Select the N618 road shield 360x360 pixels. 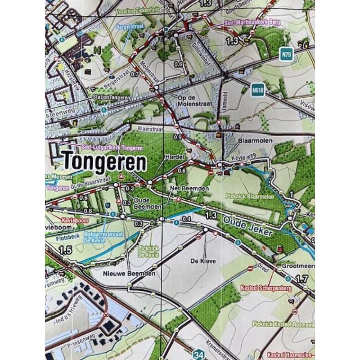click(257, 90)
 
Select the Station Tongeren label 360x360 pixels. click(111, 97)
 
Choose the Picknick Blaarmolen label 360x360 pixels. click(248, 196)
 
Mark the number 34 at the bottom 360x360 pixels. click(199, 355)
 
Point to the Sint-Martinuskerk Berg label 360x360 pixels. click(247, 22)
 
